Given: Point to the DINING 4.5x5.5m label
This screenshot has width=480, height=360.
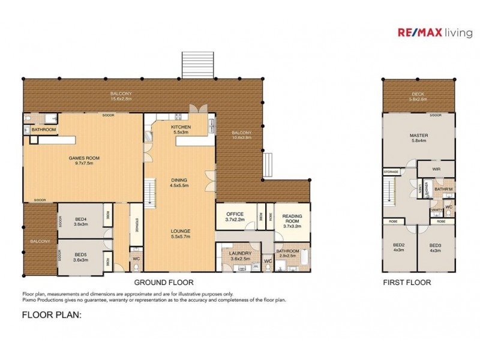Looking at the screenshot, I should pos(179,183).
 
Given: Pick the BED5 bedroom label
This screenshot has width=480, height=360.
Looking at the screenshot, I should pos(80,257).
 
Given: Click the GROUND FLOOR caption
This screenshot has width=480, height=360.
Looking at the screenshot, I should pos(164,282).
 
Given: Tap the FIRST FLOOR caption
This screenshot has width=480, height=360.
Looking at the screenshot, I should pos(407,282).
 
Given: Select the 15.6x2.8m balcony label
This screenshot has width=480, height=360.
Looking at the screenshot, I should pos(121,96).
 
